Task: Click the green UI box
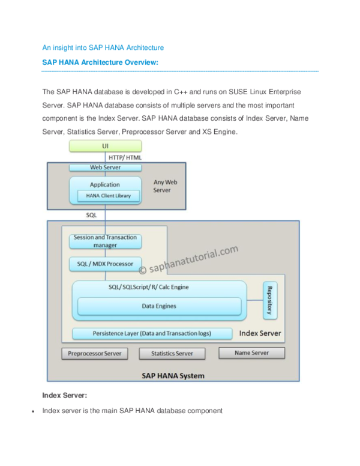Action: (106, 146)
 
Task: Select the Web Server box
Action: (106, 168)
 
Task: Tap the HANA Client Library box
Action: (108, 196)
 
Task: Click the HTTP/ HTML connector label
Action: (125, 157)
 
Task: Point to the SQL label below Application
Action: (92, 214)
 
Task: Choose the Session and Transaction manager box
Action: (105, 241)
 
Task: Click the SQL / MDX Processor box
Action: (105, 264)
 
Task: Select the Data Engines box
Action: (158, 306)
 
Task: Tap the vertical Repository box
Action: (270, 300)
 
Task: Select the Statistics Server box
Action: (171, 354)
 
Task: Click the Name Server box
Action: (251, 353)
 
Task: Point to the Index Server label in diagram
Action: (260, 333)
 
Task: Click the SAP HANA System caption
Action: (172, 376)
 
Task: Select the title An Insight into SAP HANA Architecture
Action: (103, 47)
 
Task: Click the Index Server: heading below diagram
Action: (65, 396)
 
